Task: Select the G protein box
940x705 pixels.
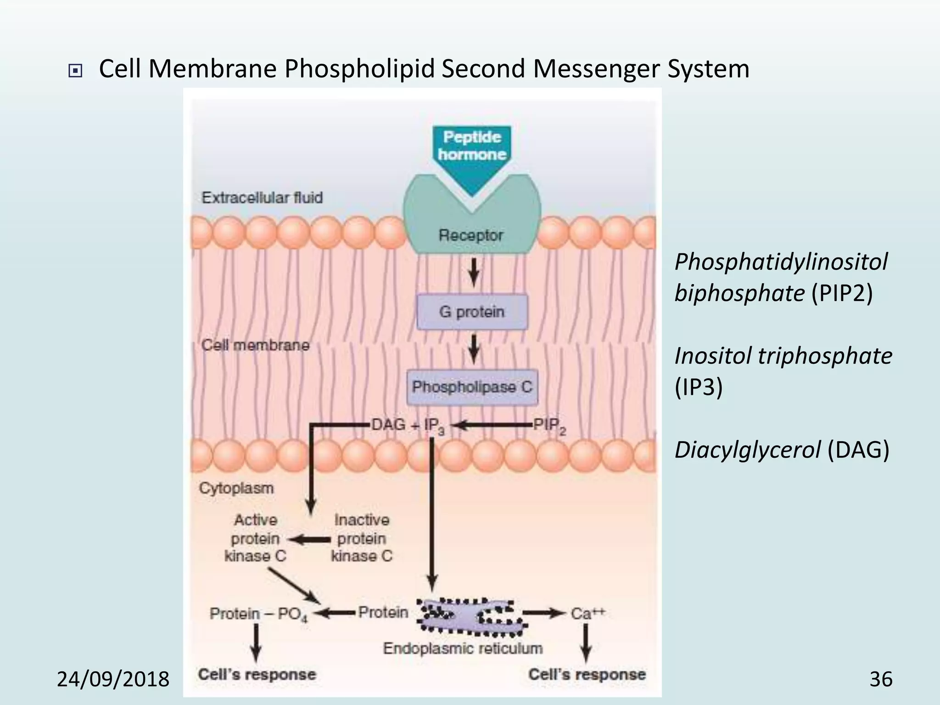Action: tap(472, 312)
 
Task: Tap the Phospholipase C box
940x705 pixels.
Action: tap(472, 387)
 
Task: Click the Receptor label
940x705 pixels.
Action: tap(471, 235)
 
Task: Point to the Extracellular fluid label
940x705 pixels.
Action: tap(262, 198)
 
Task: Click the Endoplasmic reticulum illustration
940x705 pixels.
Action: tap(470, 617)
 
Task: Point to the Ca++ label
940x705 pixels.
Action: tap(588, 613)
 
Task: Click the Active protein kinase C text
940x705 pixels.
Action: tap(256, 538)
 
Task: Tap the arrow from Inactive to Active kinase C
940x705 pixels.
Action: tap(310, 540)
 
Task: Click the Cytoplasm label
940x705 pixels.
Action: tap(236, 488)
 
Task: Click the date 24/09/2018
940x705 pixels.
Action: tap(113, 679)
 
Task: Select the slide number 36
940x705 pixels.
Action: tap(881, 679)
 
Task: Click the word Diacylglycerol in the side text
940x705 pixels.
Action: tap(747, 450)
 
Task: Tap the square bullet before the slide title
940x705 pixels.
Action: tap(75, 71)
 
